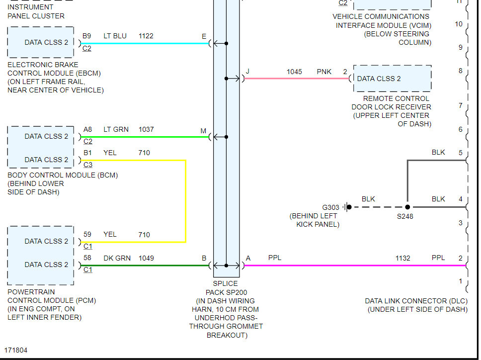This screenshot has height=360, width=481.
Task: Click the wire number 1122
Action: [146, 36]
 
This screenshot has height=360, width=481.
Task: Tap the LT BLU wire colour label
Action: [115, 36]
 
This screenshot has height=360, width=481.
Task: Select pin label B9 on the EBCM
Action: [87, 36]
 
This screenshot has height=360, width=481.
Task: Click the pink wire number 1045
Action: [294, 72]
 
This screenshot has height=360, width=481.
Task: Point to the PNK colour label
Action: [324, 72]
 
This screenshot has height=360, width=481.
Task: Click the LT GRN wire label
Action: [116, 129]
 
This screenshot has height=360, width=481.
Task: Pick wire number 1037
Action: [146, 129]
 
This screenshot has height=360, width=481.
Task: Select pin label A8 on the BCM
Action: [87, 129]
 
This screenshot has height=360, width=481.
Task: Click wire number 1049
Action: [146, 258]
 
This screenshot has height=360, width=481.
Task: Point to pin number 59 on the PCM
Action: [87, 235]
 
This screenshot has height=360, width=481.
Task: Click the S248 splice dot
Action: [407, 207]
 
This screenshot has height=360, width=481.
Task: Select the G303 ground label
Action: [331, 207]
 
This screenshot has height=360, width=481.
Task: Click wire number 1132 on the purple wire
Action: [403, 258]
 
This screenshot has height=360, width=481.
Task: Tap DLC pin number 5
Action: [460, 153]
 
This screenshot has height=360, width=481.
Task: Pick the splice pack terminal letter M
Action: [203, 131]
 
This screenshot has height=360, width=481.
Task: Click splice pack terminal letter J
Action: [247, 72]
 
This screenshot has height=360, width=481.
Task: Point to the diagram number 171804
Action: [16, 350]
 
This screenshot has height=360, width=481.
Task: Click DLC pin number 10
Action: [459, 24]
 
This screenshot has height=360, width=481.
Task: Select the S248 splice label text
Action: [404, 216]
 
